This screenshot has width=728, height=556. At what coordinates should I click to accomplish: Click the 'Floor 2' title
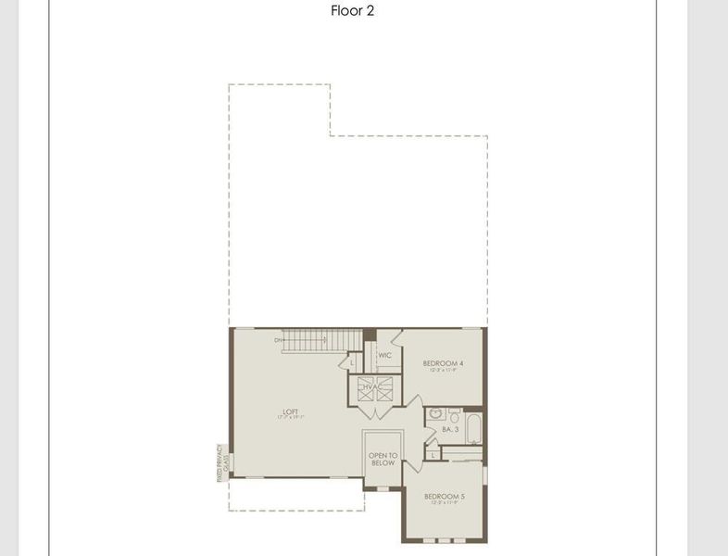pyautogui.click(x=352, y=11)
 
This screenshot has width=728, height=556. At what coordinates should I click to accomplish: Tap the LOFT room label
pyautogui.click(x=291, y=411)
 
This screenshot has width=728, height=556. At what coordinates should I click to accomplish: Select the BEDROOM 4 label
pyautogui.click(x=443, y=363)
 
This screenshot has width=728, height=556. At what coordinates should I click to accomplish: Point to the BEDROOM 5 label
pyautogui.click(x=445, y=497)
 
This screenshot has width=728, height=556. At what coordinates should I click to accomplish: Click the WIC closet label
pyautogui.click(x=384, y=355)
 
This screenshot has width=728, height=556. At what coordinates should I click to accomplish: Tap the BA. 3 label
pyautogui.click(x=451, y=430)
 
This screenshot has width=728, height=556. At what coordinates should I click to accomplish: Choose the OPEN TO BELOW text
pyautogui.click(x=383, y=459)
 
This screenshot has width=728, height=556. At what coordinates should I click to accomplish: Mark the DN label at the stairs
pyautogui.click(x=278, y=340)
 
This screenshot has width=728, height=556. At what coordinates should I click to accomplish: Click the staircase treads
pyautogui.click(x=306, y=341)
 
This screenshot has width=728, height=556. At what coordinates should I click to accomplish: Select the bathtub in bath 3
pyautogui.click(x=472, y=427)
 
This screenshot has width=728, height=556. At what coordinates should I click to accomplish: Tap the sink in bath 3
pyautogui.click(x=435, y=414)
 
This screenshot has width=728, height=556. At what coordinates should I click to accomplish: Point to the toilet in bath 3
pyautogui.click(x=455, y=413)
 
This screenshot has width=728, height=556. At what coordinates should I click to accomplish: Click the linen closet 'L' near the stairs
pyautogui.click(x=352, y=362)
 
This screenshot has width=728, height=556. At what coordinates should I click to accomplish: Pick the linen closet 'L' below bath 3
pyautogui.click(x=433, y=454)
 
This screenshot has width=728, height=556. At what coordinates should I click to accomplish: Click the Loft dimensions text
pyautogui.click(x=291, y=418)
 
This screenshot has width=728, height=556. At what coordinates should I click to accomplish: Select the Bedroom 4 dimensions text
pyautogui.click(x=443, y=371)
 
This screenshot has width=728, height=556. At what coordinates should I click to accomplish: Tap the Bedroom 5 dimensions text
pyautogui.click(x=445, y=503)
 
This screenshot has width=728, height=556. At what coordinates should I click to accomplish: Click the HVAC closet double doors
pyautogui.click(x=375, y=392)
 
